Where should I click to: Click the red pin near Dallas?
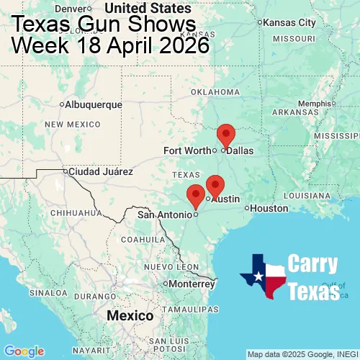coord(226,135)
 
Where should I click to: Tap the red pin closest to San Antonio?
coord(195,195)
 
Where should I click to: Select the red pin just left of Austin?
coord(215,186)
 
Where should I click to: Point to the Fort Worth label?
coord(186,150)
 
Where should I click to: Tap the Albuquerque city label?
coord(93,104)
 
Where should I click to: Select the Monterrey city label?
coord(192,283)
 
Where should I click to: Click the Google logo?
coord(23,351)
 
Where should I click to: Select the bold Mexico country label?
coord(130,316)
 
